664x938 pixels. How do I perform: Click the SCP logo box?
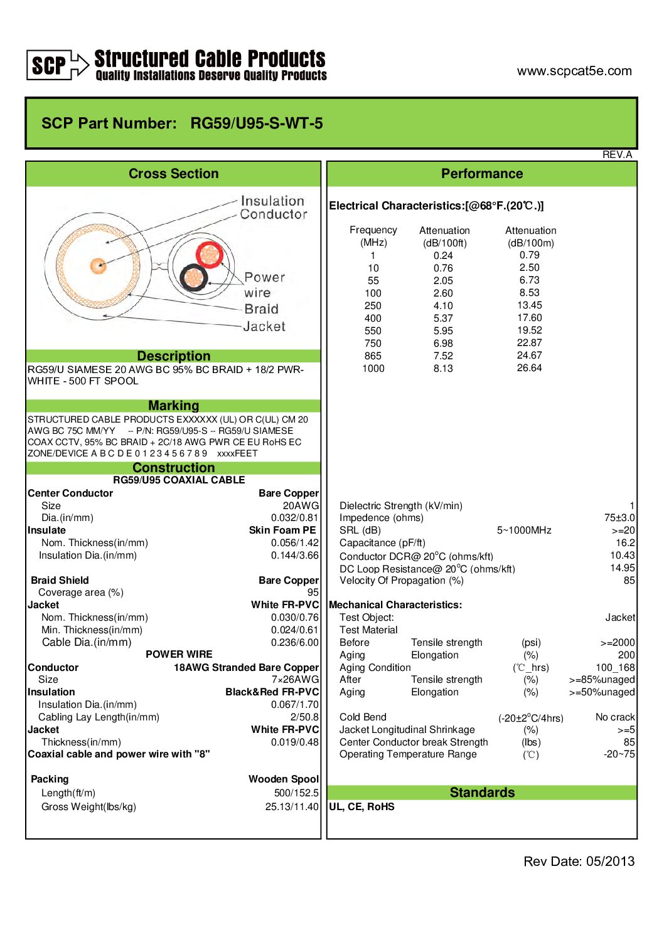point(49,65)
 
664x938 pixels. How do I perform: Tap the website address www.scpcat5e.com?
point(574,71)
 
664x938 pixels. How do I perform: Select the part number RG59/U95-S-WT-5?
point(256,124)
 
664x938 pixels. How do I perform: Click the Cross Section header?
point(173,174)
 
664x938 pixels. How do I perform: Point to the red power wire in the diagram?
point(210,255)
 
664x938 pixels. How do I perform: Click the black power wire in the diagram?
point(194,277)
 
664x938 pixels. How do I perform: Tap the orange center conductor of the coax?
point(98,266)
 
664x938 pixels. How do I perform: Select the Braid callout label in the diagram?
point(261,309)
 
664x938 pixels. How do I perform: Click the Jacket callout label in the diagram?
point(264,327)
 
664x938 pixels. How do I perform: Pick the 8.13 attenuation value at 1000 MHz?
point(442,369)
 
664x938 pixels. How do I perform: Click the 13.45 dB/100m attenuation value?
point(529,305)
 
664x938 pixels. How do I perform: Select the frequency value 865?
point(373,356)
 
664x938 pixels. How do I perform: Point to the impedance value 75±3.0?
point(619,518)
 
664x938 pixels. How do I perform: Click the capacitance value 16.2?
point(624,543)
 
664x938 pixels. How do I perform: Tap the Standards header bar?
point(481,793)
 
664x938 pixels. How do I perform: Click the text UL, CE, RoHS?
point(361,807)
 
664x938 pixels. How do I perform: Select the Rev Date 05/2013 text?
point(579,862)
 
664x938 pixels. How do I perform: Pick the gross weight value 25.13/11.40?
point(292,807)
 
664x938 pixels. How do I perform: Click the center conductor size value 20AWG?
point(301,506)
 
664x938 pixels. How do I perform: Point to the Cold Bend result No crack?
point(614,717)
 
